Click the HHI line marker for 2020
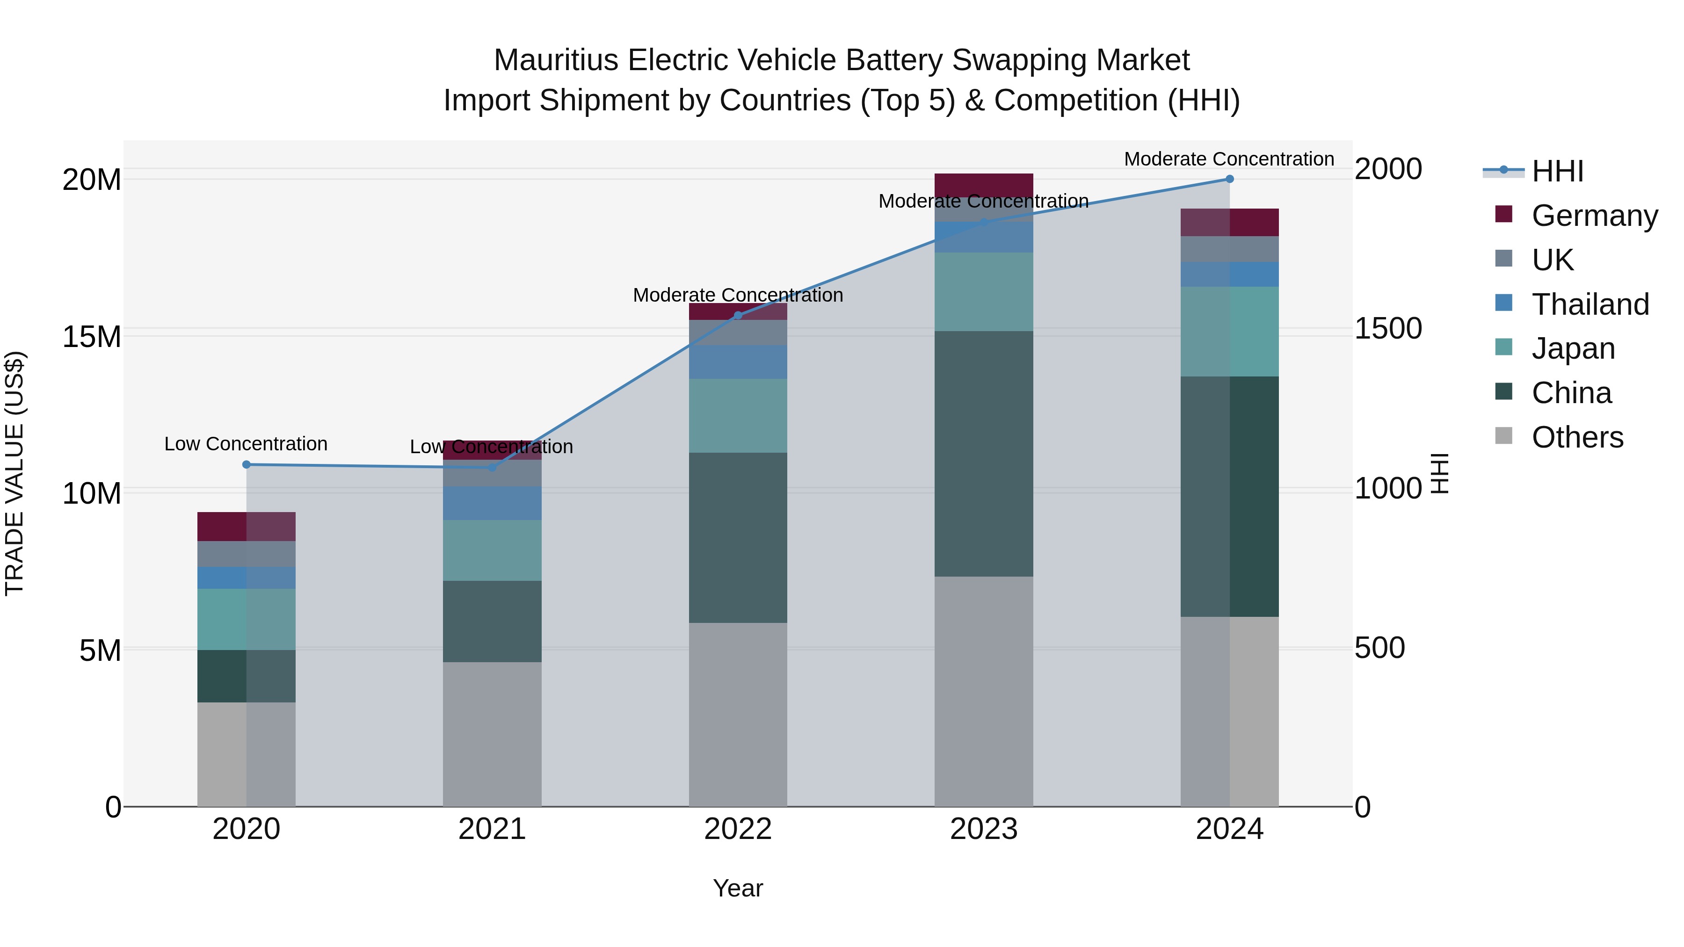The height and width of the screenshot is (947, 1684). pyautogui.click(x=247, y=465)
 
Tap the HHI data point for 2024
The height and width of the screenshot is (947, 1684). pyautogui.click(x=1230, y=179)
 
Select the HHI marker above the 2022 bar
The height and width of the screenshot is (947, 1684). pyautogui.click(x=738, y=316)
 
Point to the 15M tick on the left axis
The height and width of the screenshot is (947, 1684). pyautogui.click(x=92, y=337)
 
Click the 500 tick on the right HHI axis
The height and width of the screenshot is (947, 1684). pyautogui.click(x=1379, y=648)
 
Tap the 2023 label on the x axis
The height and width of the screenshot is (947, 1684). pyautogui.click(x=983, y=829)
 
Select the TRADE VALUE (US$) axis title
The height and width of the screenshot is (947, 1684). pyautogui.click(x=15, y=473)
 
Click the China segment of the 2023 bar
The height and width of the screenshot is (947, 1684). pyautogui.click(x=983, y=454)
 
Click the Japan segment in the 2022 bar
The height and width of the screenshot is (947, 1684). pyautogui.click(x=738, y=416)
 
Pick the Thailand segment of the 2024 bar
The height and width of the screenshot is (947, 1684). pyautogui.click(x=1230, y=275)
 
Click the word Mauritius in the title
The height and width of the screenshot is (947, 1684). pyautogui.click(x=556, y=61)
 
